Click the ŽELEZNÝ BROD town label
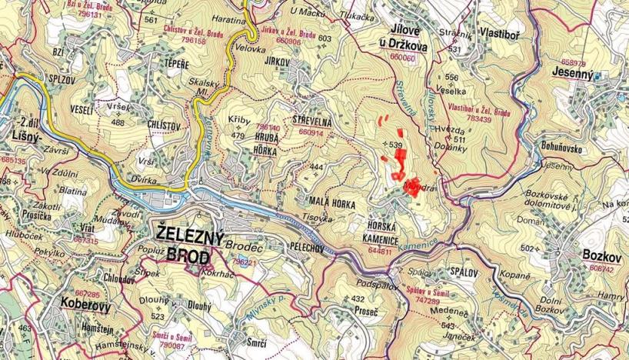pos(188,243)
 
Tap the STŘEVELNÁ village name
pos(311,121)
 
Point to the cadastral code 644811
pos(384,250)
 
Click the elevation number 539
pos(396,145)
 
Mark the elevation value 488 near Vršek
pos(118,122)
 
